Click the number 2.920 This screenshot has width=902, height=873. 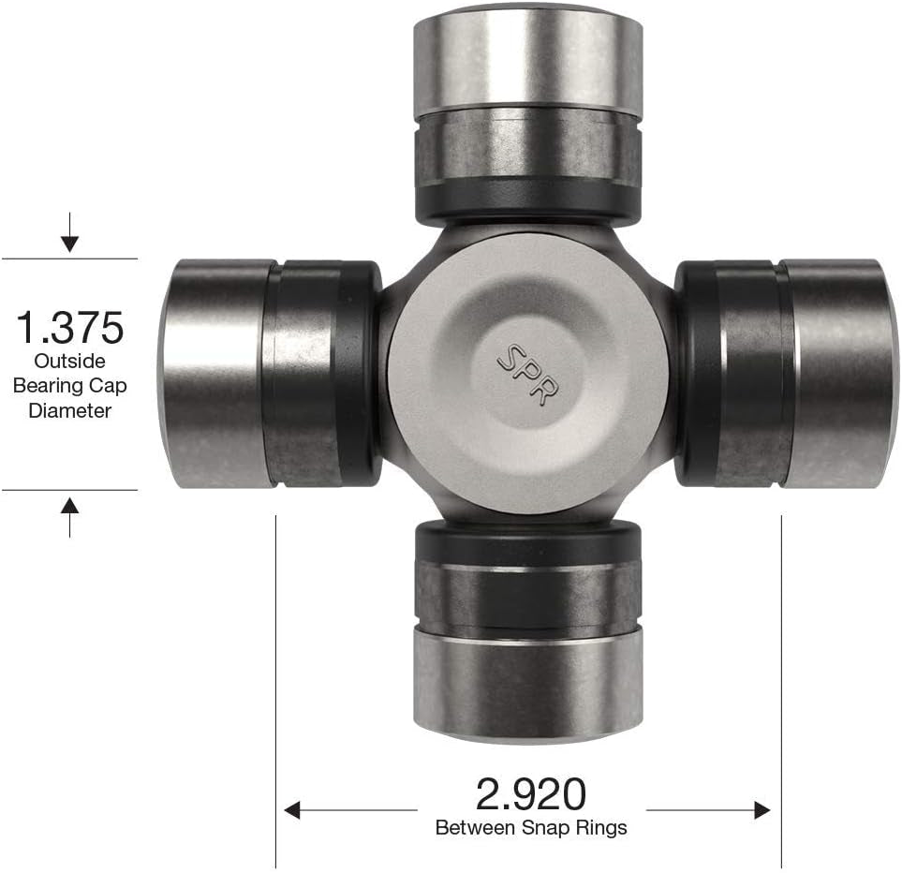click(x=531, y=794)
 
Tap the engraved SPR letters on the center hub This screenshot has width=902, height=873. click(x=521, y=371)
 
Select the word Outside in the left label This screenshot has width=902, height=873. click(x=69, y=361)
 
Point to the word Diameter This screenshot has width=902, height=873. click(x=69, y=409)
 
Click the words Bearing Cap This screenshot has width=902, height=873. click(x=69, y=385)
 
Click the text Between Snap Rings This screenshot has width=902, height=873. click(x=531, y=828)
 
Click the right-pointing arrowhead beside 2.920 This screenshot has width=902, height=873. click(x=762, y=809)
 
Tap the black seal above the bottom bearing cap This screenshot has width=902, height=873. click(x=527, y=540)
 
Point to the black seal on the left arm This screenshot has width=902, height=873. click(x=361, y=374)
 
